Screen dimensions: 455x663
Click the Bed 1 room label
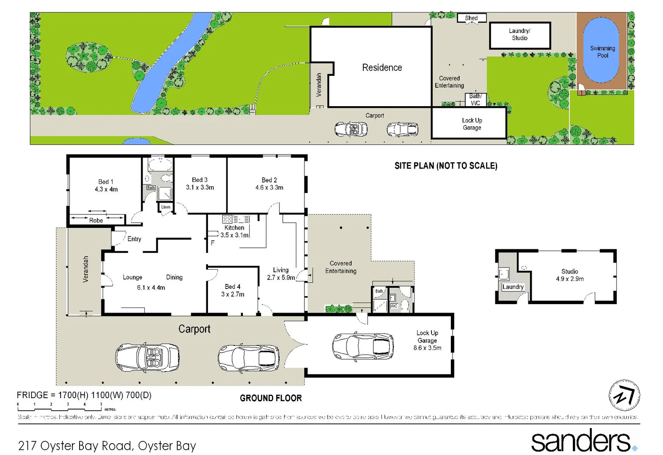[x=106, y=182]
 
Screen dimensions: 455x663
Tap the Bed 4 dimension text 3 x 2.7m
[x=232, y=294]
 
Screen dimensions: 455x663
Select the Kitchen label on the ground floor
[x=234, y=227]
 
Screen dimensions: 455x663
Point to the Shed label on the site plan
[x=471, y=18]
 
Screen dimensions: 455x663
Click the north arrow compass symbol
[x=624, y=395]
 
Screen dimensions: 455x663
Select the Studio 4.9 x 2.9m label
[x=570, y=275]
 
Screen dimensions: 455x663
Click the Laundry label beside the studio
[x=513, y=287]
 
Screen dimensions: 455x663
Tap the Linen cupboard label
[x=166, y=207]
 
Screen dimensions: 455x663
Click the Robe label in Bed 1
[x=96, y=220]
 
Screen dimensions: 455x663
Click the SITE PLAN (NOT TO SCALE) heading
[x=446, y=166]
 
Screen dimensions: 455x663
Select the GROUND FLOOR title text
[x=271, y=398]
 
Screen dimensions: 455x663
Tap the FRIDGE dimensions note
[x=84, y=395]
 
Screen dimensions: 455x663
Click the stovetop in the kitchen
[x=227, y=219]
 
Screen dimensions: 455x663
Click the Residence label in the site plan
[x=382, y=67]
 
